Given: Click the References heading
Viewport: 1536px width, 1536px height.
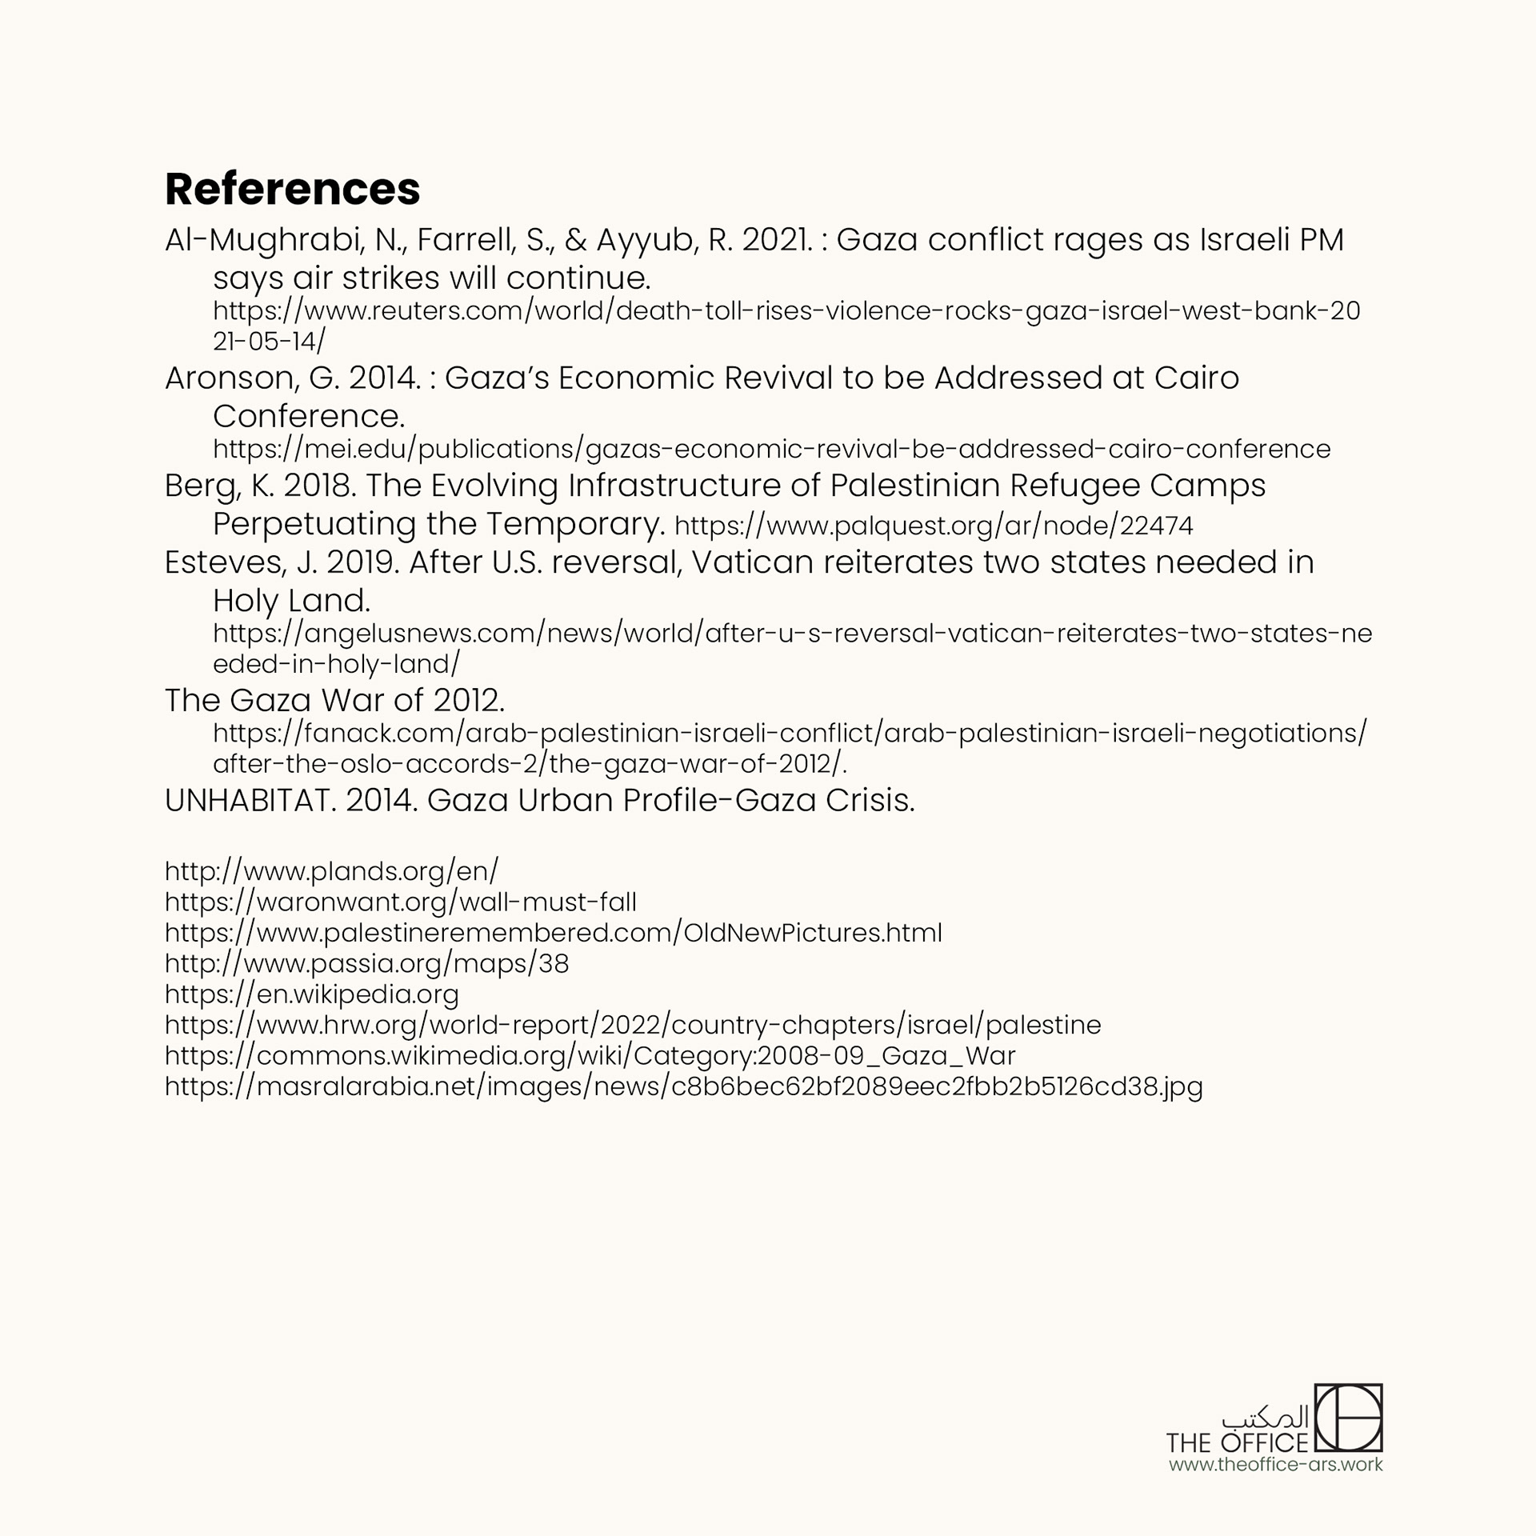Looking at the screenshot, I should (x=292, y=189).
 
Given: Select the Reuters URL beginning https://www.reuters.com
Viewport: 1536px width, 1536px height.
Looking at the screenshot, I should (x=786, y=310).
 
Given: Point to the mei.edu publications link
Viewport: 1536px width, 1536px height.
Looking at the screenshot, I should (x=771, y=449).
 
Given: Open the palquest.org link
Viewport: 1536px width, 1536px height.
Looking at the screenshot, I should (x=934, y=526).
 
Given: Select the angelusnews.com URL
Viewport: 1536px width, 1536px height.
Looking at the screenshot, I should (x=792, y=634).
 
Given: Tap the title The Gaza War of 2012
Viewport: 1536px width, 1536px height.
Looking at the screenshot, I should (x=334, y=701).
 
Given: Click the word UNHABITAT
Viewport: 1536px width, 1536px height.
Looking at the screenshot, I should (x=248, y=800).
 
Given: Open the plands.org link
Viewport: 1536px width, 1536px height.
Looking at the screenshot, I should (x=331, y=870).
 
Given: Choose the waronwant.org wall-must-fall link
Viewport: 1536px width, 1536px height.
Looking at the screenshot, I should (x=400, y=902).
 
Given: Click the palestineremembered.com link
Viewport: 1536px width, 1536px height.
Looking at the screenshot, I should (x=553, y=933).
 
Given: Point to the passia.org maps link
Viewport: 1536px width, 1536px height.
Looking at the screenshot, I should (x=366, y=963).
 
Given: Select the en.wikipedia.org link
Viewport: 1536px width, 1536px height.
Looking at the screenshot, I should (x=311, y=994).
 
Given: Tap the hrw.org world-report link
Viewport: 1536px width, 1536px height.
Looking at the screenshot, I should (x=632, y=1025).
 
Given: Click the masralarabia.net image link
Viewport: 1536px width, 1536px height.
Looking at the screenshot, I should (x=683, y=1086).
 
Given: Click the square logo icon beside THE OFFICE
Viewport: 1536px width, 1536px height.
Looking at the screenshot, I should (x=1349, y=1428).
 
